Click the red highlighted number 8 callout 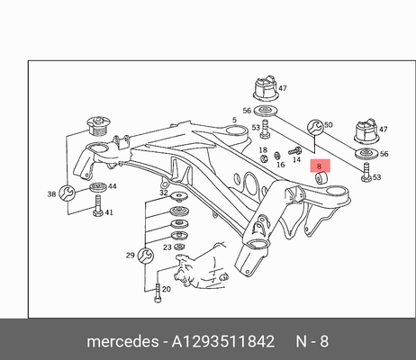[320, 166]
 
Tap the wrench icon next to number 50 [315, 127]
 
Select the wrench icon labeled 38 [67, 193]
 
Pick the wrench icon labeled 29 [146, 256]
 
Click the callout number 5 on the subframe [234, 120]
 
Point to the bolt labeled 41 [98, 206]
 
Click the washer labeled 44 [98, 187]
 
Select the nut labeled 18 [264, 158]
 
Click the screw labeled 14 [294, 151]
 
